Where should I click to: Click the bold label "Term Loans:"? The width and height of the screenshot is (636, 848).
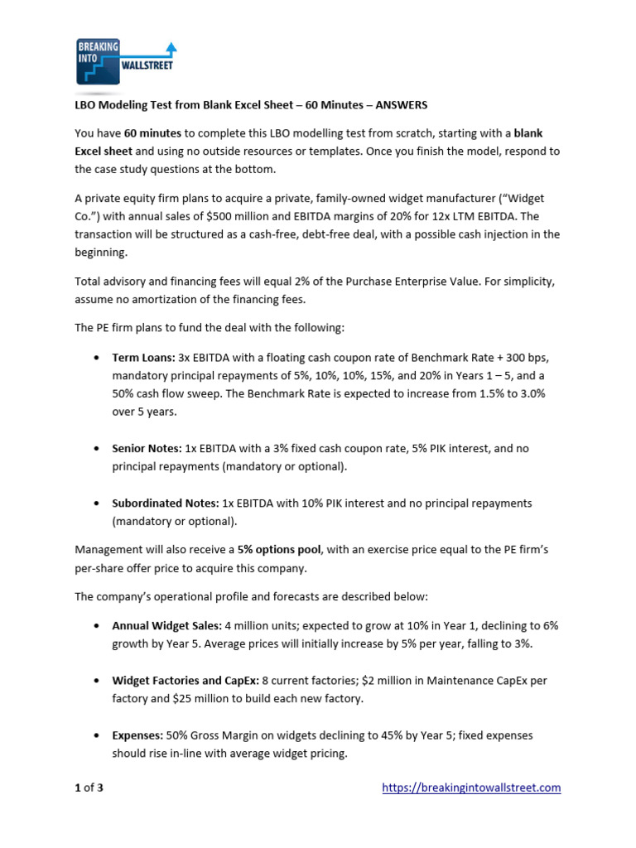[x=143, y=357]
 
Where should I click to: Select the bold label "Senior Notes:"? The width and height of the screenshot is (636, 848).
[x=147, y=448]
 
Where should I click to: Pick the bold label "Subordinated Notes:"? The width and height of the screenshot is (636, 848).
[x=166, y=503]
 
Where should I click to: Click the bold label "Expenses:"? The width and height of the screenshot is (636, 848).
[x=139, y=735]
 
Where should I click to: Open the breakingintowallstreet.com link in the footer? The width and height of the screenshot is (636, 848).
[x=471, y=788]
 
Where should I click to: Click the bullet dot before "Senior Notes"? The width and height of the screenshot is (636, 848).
[x=98, y=449]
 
